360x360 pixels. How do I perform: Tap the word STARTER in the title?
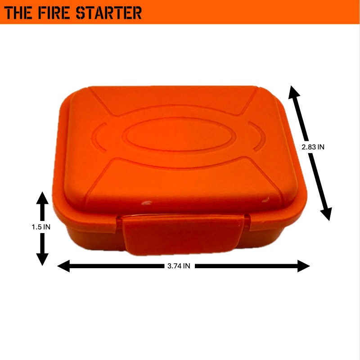[111, 12]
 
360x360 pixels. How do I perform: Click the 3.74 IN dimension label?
[179, 266]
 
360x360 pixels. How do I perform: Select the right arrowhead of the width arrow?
[304, 266]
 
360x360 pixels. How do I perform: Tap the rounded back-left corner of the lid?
[72, 97]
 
